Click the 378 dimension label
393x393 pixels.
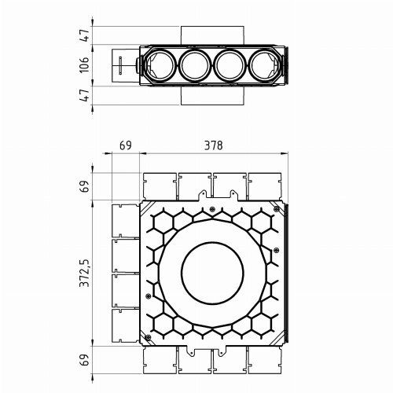pyautogui.click(x=213, y=145)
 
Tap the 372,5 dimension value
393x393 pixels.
pyautogui.click(x=85, y=273)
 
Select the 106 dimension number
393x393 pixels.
pyautogui.click(x=84, y=64)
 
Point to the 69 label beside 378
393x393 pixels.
pyautogui.click(x=126, y=145)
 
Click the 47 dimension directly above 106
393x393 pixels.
pyautogui.click(x=84, y=35)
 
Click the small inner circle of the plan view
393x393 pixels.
pyautogui.click(x=212, y=273)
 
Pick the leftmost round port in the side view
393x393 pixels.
pyautogui.click(x=160, y=65)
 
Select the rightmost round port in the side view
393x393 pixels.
pyautogui.click(x=265, y=65)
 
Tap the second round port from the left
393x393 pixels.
pyautogui.click(x=195, y=65)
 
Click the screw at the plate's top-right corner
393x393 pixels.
pyautogui.click(x=277, y=209)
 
